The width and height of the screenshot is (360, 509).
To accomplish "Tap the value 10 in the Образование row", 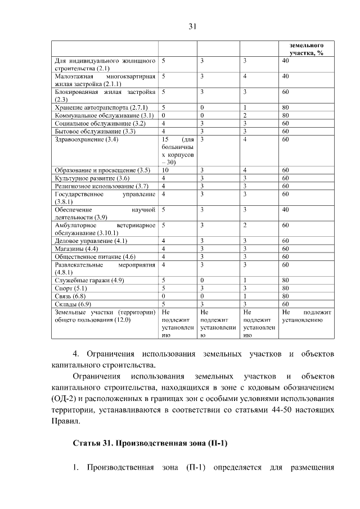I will pos(165,170).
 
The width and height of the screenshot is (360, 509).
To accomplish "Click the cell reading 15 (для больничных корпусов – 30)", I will pos(177,150).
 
